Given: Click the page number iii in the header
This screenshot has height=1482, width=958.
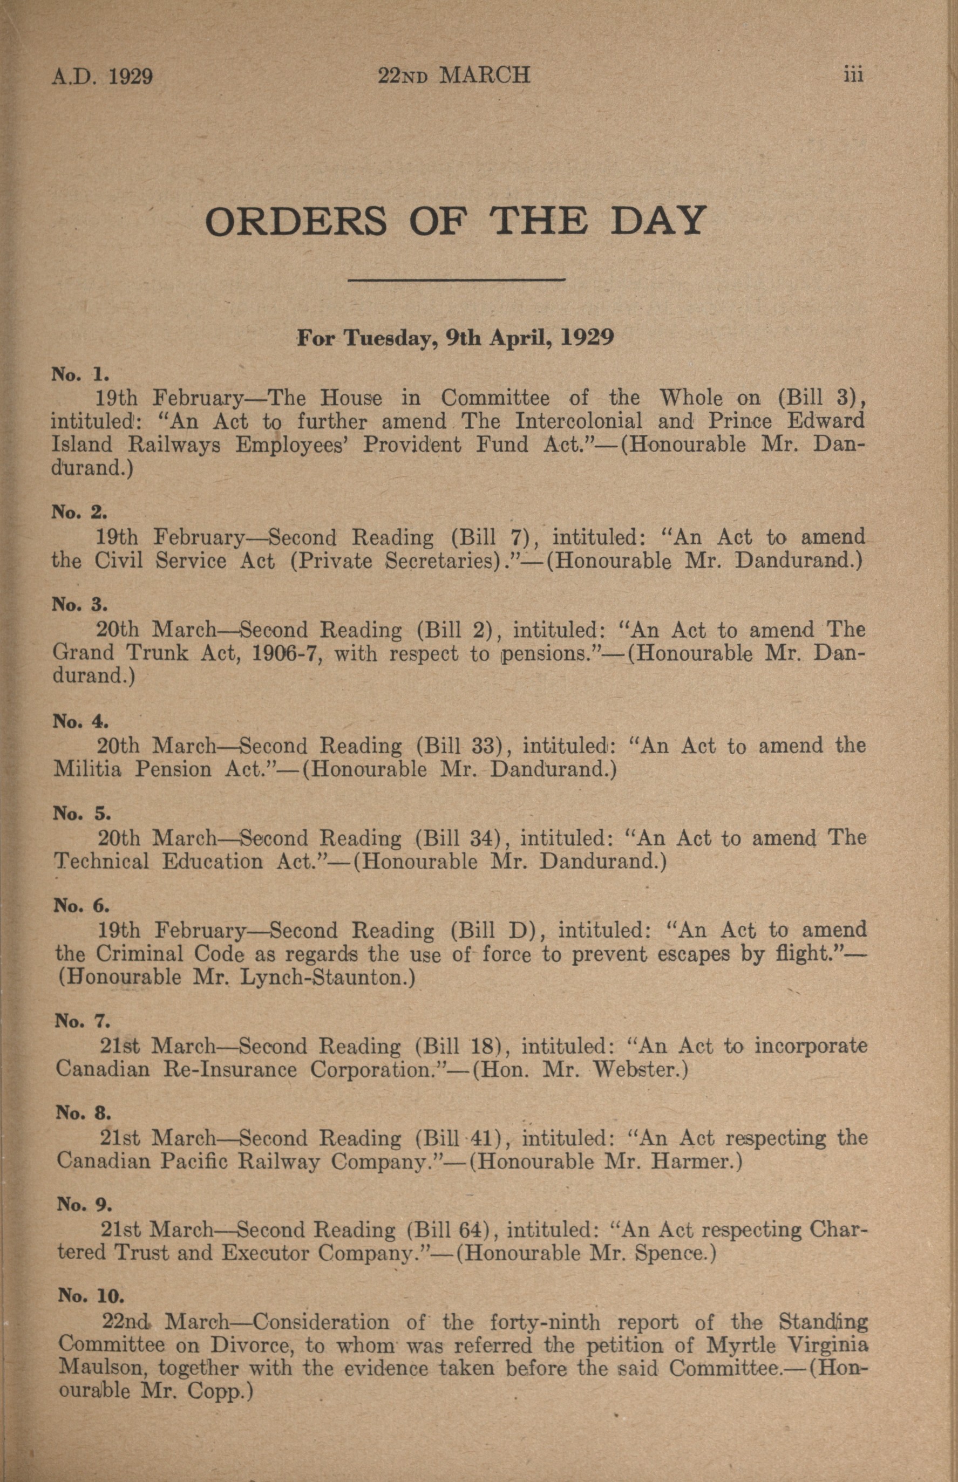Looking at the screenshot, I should pos(853,76).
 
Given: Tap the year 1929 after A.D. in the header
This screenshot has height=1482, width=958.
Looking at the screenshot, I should pos(131,77).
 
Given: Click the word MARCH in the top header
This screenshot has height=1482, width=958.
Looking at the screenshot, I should pos(485,76).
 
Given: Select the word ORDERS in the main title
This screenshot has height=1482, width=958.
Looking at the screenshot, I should pos(295,221).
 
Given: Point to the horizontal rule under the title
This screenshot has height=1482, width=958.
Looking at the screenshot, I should pos(456,281).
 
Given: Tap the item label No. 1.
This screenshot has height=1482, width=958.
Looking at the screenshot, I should pos(80,374).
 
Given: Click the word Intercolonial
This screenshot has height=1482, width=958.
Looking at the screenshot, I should pos(578,421).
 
